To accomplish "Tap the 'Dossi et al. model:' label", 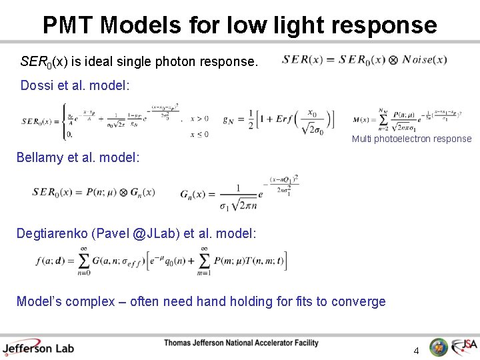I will [75, 85].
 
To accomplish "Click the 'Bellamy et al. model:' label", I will [78, 158].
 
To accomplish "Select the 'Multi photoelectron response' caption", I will [411, 139].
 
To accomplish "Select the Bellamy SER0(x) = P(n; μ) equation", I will [93, 192].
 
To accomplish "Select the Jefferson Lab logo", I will [38, 347].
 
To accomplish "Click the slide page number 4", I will [416, 350].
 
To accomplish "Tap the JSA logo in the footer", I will [464, 347].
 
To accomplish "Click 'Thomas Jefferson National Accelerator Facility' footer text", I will [241, 343].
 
